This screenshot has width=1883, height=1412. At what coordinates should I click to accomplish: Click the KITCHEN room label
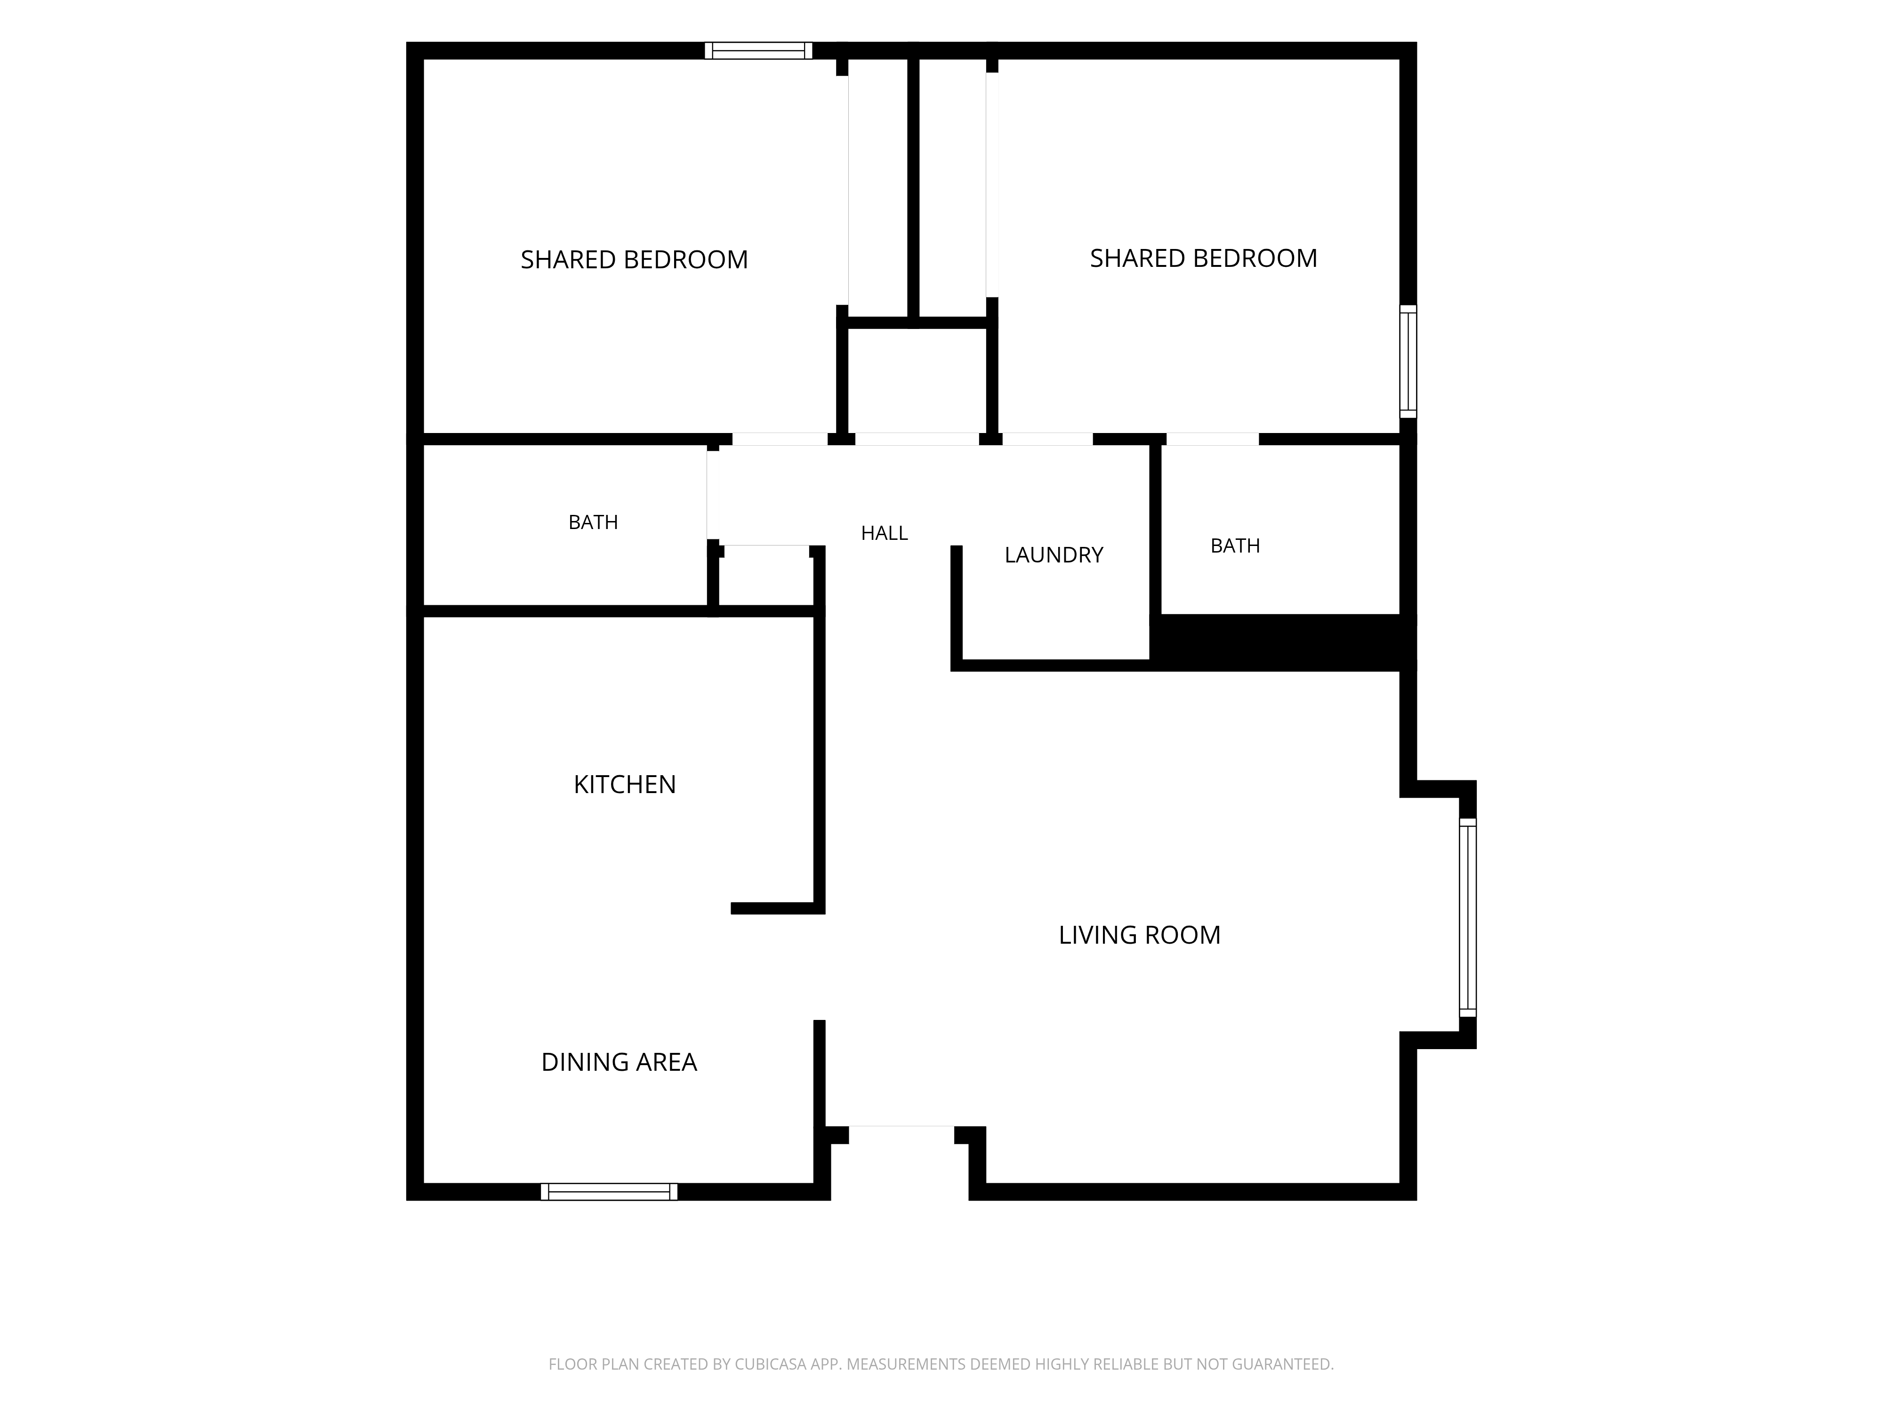point(625,784)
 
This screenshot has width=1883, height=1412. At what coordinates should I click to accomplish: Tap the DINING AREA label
point(619,1062)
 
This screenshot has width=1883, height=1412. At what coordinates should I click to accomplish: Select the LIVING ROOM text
point(1139,935)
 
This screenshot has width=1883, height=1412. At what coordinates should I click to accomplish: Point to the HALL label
point(885,533)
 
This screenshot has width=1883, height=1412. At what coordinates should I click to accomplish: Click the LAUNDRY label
point(1054,555)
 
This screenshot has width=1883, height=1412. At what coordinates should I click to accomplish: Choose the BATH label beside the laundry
point(1235,546)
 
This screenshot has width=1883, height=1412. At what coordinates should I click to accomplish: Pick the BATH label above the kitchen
point(593,521)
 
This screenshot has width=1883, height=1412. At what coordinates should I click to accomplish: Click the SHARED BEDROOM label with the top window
point(634,260)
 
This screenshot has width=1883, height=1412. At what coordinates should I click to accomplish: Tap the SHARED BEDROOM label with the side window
point(1204,258)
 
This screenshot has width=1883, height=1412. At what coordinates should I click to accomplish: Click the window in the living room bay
point(1468,917)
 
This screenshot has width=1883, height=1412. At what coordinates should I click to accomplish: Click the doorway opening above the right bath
point(1212,439)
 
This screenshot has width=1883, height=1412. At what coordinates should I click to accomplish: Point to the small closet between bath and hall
point(766,579)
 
